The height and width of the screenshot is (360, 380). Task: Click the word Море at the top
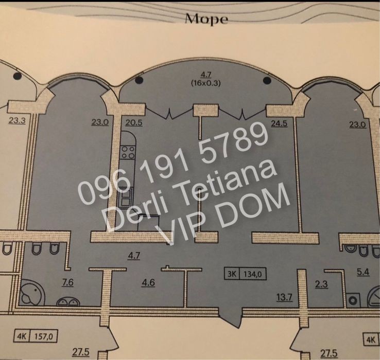pyautogui.click(x=206, y=20)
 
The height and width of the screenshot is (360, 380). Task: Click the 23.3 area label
pyautogui.click(x=17, y=122)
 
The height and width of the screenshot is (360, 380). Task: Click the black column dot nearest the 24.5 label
pyautogui.click(x=267, y=81)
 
